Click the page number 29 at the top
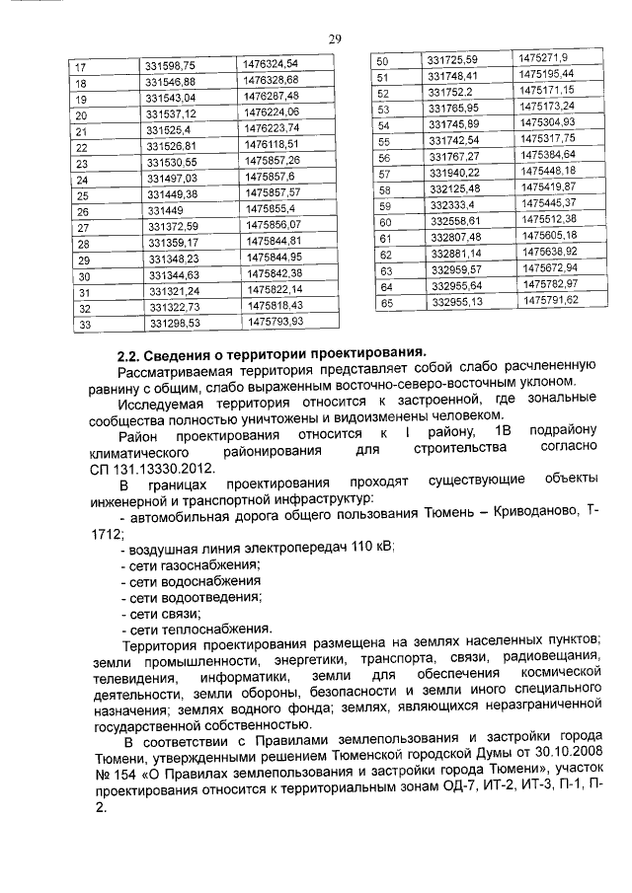coord(335,39)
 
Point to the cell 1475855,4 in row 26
coord(270,209)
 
